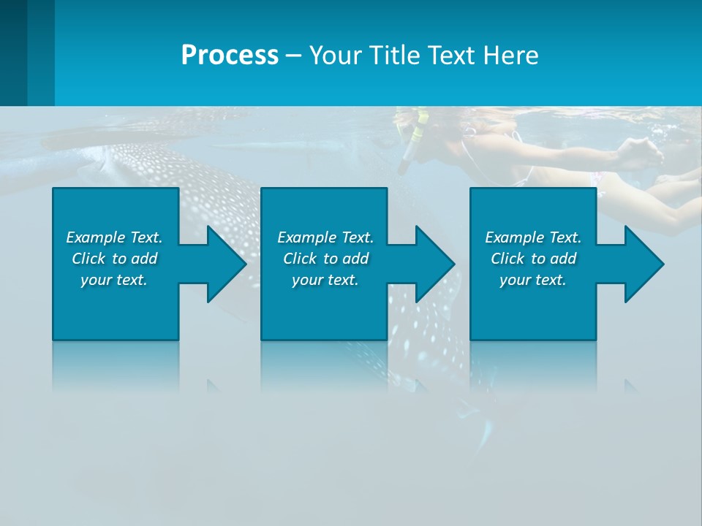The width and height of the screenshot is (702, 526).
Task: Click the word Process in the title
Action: coord(230,56)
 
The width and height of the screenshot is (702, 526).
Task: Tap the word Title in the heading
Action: coord(396,56)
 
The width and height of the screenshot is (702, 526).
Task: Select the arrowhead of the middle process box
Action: coord(434,264)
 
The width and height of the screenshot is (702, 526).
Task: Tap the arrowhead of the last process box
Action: coord(643,264)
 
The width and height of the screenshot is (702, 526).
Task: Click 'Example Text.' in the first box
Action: coord(114,237)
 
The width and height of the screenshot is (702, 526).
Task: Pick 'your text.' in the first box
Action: coord(114,280)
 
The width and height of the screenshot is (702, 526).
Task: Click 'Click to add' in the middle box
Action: coord(325,259)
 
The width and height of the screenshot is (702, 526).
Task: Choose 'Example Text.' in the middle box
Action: coord(325,237)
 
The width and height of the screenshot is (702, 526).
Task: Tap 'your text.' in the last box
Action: coord(533,280)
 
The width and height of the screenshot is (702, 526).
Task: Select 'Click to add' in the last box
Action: coord(533,259)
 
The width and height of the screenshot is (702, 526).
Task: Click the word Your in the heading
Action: coord(337,56)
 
